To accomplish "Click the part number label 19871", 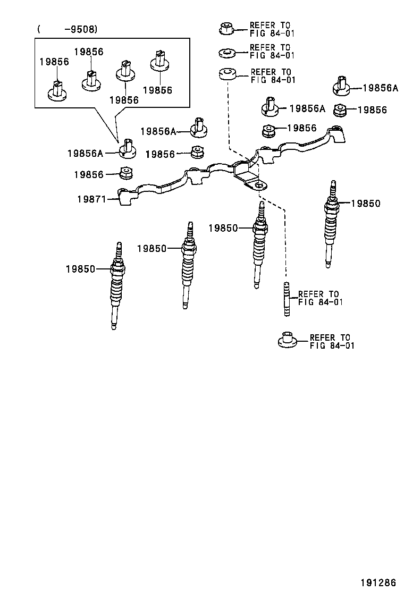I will tap(91, 199).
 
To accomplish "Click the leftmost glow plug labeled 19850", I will tap(117, 287).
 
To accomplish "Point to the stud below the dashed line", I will tap(287, 299).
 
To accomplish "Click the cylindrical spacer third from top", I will tap(229, 75).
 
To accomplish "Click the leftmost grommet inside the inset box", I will tap(57, 90).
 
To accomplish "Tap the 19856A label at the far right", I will tap(380, 88).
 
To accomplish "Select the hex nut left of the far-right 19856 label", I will tap(340, 110).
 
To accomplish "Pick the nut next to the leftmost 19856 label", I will tap(126, 173).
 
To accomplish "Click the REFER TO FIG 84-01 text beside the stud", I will tap(319, 298).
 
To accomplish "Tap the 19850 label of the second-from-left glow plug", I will tap(151, 248).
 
